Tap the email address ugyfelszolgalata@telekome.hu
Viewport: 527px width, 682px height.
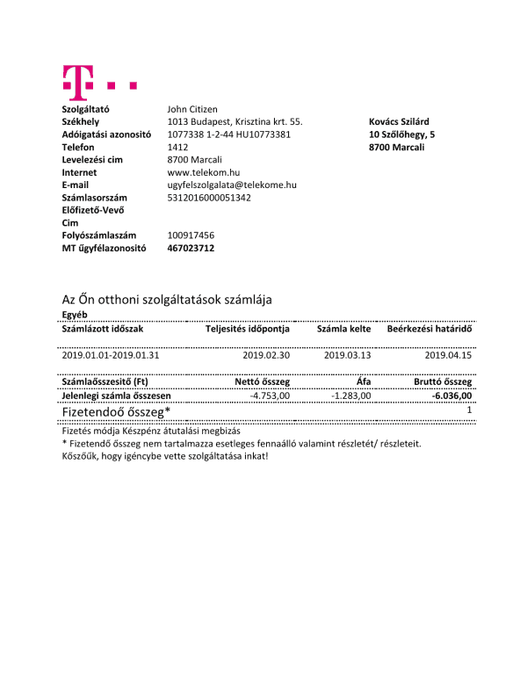pos(232,185)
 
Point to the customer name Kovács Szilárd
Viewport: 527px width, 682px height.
pos(399,122)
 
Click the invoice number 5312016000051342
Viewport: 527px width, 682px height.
pos(209,198)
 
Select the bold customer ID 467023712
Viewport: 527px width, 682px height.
pos(191,249)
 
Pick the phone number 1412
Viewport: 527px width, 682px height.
pos(178,148)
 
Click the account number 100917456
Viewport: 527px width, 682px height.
pos(191,236)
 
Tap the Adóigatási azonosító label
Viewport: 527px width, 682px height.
pos(107,134)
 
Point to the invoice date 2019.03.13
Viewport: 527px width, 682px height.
pos(348,356)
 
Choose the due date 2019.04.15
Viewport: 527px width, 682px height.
pos(448,356)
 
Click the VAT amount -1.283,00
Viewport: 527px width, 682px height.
pos(351,396)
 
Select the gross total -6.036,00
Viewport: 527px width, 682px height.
pos(451,396)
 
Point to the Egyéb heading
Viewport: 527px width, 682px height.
pos(74,316)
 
